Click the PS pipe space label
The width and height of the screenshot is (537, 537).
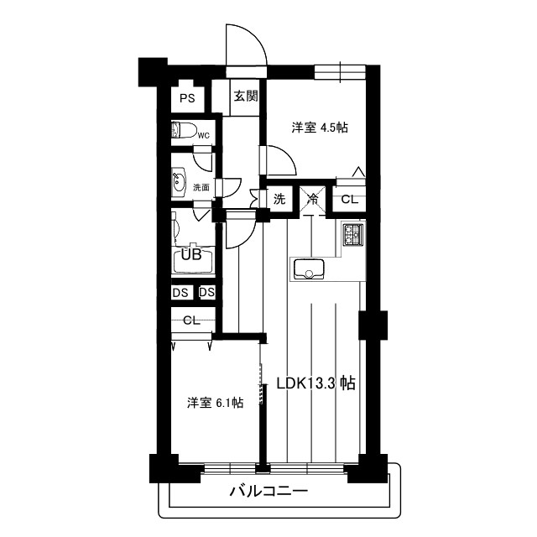click(186, 98)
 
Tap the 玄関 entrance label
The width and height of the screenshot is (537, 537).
click(246, 96)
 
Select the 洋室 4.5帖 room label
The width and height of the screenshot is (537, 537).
click(320, 128)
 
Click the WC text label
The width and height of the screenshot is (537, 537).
click(203, 136)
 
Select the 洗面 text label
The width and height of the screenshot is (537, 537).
click(202, 187)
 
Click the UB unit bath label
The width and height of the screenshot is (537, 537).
click(191, 255)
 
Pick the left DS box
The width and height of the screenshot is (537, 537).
click(180, 293)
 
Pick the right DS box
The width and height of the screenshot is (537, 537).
click(207, 293)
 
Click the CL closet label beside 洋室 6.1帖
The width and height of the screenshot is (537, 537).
click(191, 320)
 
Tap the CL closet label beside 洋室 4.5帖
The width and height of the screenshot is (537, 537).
click(349, 200)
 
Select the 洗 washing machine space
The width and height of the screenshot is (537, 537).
click(279, 200)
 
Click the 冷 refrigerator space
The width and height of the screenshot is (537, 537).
click(311, 200)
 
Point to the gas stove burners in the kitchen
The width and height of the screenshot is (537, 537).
click(351, 235)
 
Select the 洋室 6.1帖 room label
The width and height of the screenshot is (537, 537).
click(215, 403)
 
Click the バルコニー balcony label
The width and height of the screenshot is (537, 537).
click(268, 492)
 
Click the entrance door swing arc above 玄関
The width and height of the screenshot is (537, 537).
click(248, 46)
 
